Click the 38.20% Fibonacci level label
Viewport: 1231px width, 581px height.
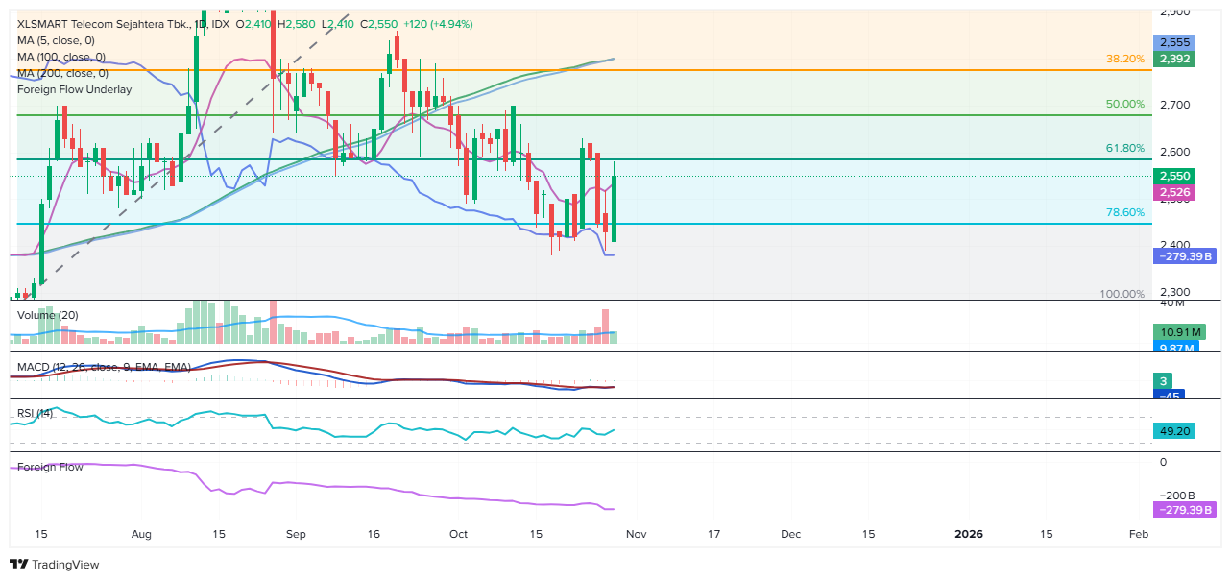point(1124,59)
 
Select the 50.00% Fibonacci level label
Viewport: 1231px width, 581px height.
point(1124,104)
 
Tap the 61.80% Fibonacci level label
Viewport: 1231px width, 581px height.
point(1124,149)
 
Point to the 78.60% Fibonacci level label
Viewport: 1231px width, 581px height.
point(1124,213)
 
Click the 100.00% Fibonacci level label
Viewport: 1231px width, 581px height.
point(1122,294)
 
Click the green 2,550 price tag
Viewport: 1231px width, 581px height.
point(1174,176)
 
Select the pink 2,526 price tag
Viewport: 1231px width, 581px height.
point(1174,193)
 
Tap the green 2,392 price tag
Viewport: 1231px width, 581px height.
point(1174,59)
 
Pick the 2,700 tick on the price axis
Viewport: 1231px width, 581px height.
point(1174,105)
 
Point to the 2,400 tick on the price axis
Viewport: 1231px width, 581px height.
point(1174,246)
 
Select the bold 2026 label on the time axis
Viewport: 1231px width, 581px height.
point(968,533)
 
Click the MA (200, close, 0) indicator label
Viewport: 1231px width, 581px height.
point(62,73)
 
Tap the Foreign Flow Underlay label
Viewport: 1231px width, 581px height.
point(74,89)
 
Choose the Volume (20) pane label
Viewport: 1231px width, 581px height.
point(48,315)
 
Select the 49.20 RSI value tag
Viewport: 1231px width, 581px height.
point(1174,431)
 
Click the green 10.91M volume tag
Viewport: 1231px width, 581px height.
point(1176,332)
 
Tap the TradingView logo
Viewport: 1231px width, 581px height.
point(55,565)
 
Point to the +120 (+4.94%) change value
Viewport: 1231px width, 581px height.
point(438,24)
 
